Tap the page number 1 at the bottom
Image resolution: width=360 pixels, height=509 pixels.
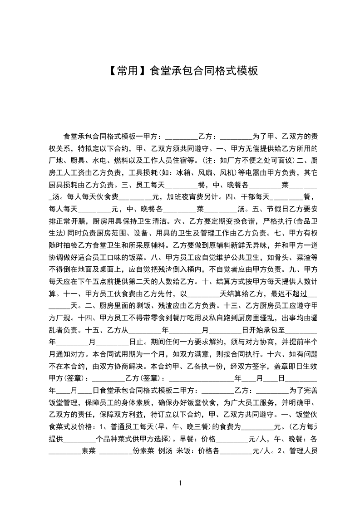coord(180,483)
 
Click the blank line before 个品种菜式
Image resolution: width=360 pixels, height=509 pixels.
coord(80,438)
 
